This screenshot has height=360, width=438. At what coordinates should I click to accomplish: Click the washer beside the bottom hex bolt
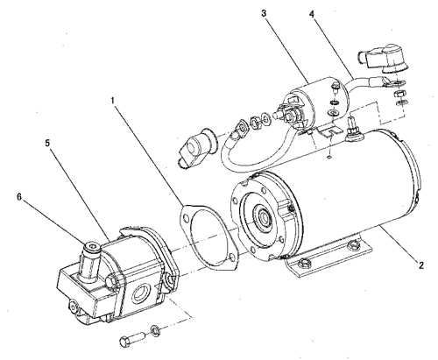tap(155, 329)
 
